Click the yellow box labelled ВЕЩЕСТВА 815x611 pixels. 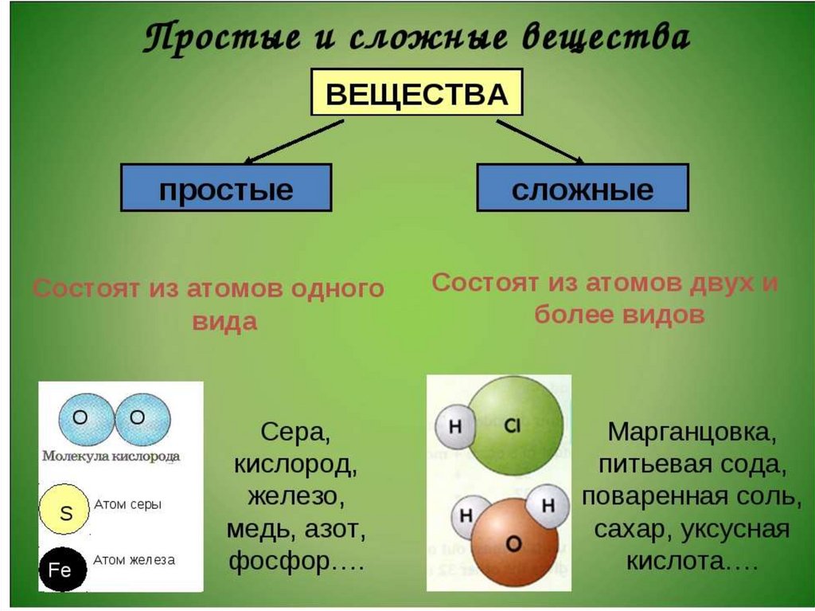[416, 93]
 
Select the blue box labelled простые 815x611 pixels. [226, 188]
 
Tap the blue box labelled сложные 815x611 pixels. [582, 188]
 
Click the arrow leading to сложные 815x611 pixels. [540, 142]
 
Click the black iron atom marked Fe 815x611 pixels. [61, 569]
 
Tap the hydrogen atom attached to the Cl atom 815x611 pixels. [455, 426]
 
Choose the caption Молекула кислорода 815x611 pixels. [111, 456]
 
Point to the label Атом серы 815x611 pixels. [127, 504]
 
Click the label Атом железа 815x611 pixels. [134, 559]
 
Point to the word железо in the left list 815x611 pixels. [293, 497]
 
